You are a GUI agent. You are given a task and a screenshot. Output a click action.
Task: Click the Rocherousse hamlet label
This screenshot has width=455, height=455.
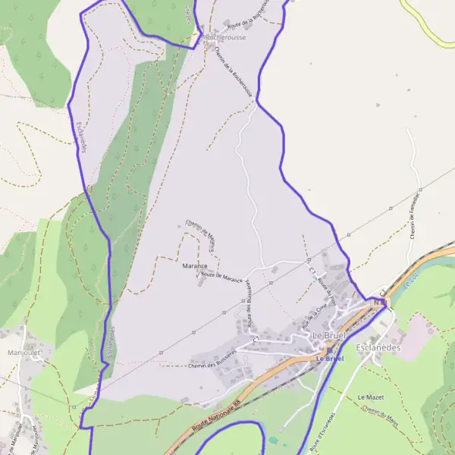click(x=225, y=36)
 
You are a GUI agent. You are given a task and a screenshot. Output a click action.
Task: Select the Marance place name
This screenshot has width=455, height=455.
click(x=195, y=266)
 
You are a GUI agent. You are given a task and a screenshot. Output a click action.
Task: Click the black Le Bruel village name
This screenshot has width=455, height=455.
click(x=328, y=334)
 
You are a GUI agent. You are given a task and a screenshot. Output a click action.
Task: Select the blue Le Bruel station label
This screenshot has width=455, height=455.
click(x=330, y=358)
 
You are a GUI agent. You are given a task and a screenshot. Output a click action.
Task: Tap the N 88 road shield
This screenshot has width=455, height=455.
click(x=379, y=302)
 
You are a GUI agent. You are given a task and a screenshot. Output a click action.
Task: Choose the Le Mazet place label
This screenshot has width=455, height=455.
click(x=371, y=397)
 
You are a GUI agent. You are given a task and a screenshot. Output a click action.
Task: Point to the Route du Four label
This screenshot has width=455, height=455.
click(x=326, y=288)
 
